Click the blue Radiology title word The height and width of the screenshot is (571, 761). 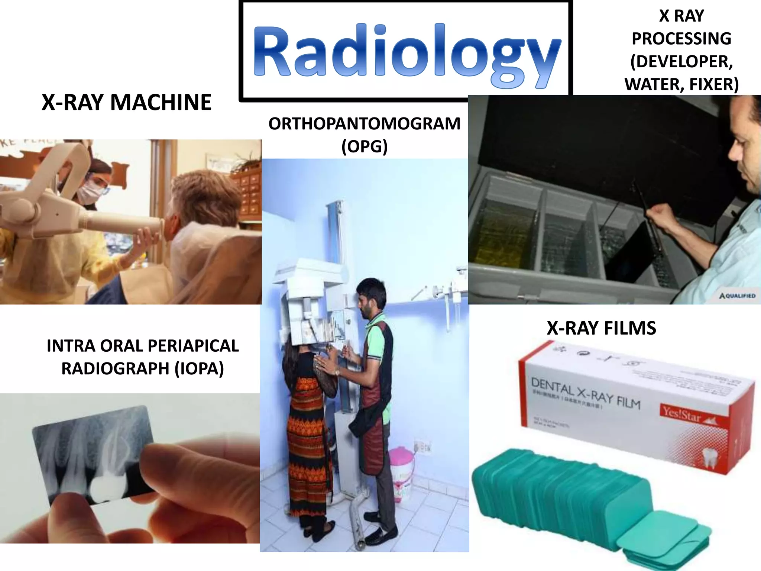point(407,52)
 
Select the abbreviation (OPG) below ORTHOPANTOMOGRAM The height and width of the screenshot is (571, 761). point(364,146)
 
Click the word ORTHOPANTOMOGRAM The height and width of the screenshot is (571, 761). point(364,124)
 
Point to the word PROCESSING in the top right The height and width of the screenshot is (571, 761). point(681,39)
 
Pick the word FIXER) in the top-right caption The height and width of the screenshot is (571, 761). point(714,84)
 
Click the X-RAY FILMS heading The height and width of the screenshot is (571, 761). point(601,328)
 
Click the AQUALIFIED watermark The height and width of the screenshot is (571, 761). point(737,296)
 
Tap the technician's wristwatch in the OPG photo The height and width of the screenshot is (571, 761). point(337,371)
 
